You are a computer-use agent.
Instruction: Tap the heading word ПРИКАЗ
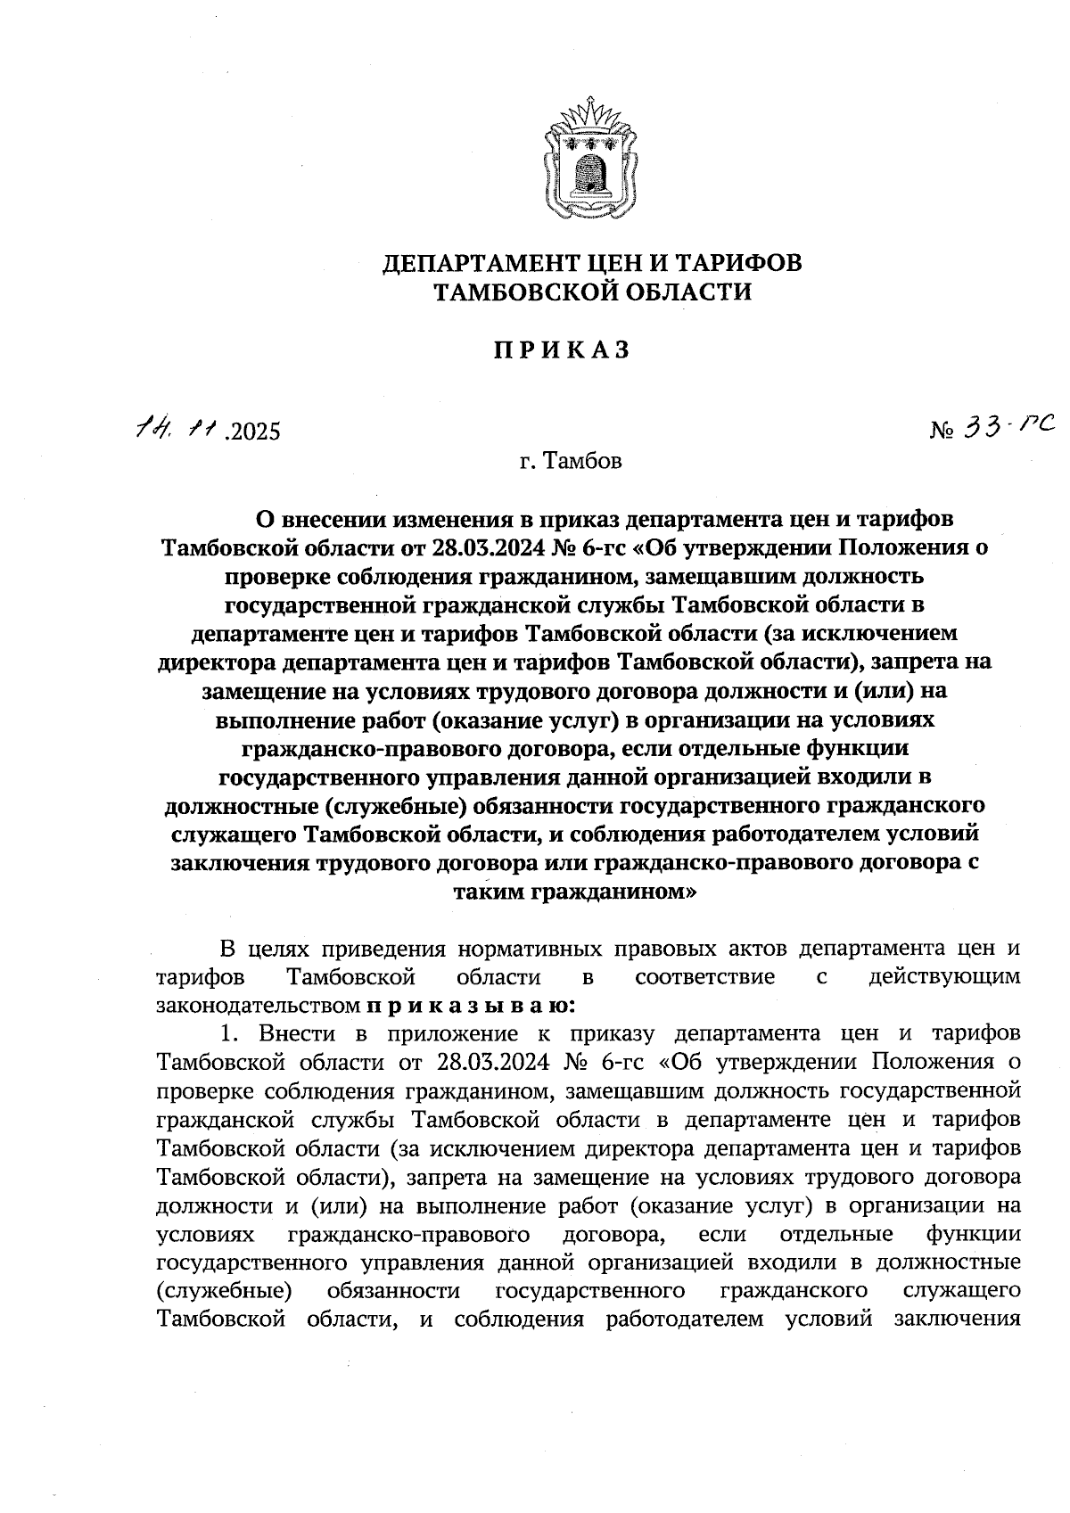(x=562, y=350)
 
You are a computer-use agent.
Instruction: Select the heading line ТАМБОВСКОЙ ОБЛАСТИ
(x=590, y=292)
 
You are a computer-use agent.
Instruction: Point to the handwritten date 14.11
(x=177, y=431)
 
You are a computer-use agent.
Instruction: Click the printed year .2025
(x=253, y=433)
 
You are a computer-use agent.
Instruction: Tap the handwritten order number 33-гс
(x=1008, y=428)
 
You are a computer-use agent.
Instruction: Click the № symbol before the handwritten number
(x=942, y=432)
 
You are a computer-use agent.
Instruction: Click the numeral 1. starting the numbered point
(x=232, y=1034)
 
